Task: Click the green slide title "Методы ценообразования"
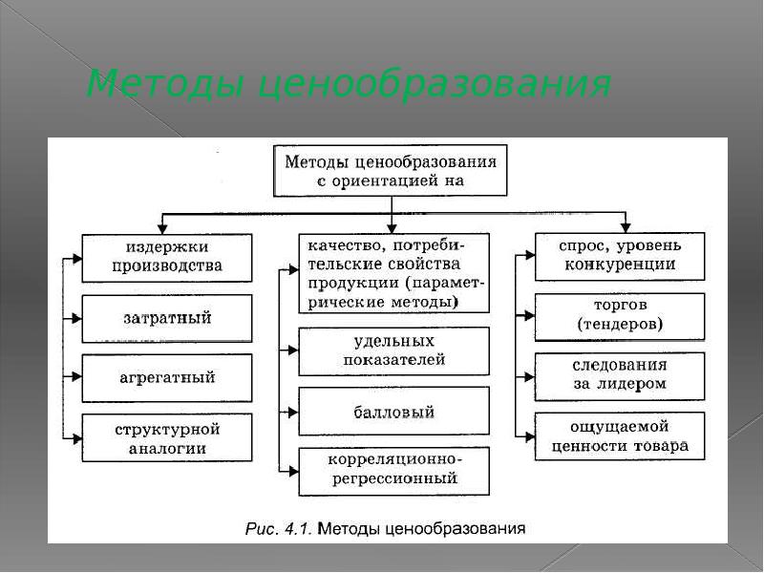pyautogui.click(x=349, y=85)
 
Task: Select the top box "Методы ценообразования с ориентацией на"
pyautogui.click(x=391, y=170)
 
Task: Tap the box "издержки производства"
pyautogui.click(x=167, y=258)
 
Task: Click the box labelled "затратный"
pyautogui.click(x=167, y=318)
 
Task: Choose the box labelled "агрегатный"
pyautogui.click(x=167, y=377)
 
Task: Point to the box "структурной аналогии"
pyautogui.click(x=167, y=437)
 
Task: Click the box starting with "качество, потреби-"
pyautogui.click(x=393, y=273)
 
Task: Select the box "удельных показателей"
pyautogui.click(x=393, y=350)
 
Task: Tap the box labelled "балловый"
pyautogui.click(x=393, y=412)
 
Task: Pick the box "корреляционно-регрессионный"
pyautogui.click(x=393, y=470)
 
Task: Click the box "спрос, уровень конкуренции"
pyautogui.click(x=620, y=256)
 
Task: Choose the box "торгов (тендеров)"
pyautogui.click(x=620, y=316)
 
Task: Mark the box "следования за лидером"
pyautogui.click(x=620, y=375)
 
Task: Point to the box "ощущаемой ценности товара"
pyautogui.click(x=620, y=436)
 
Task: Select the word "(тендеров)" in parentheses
pyautogui.click(x=620, y=325)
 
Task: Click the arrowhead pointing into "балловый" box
pyautogui.click(x=292, y=412)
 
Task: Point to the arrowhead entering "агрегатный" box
pyautogui.click(x=75, y=378)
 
